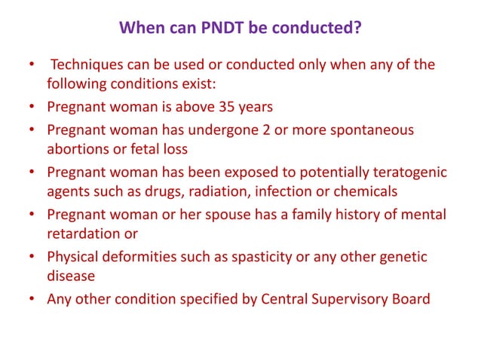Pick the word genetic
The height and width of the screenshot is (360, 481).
coord(402,258)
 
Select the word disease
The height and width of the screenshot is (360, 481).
coord(70,276)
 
